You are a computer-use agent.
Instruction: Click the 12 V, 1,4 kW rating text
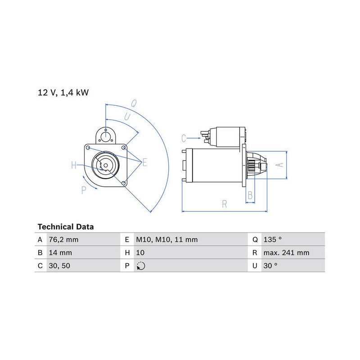(x=63, y=93)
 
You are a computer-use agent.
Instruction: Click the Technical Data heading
(x=66, y=227)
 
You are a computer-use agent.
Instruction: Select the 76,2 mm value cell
(x=63, y=240)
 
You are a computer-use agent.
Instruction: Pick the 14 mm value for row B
(x=60, y=253)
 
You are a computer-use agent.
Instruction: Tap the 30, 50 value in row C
(x=59, y=266)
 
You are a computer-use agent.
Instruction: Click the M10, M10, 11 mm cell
(x=167, y=240)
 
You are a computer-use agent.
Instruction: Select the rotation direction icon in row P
(x=141, y=266)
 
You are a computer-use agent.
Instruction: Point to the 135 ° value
(x=273, y=240)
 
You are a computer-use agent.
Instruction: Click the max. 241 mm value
(x=286, y=253)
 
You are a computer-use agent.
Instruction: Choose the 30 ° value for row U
(x=270, y=266)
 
